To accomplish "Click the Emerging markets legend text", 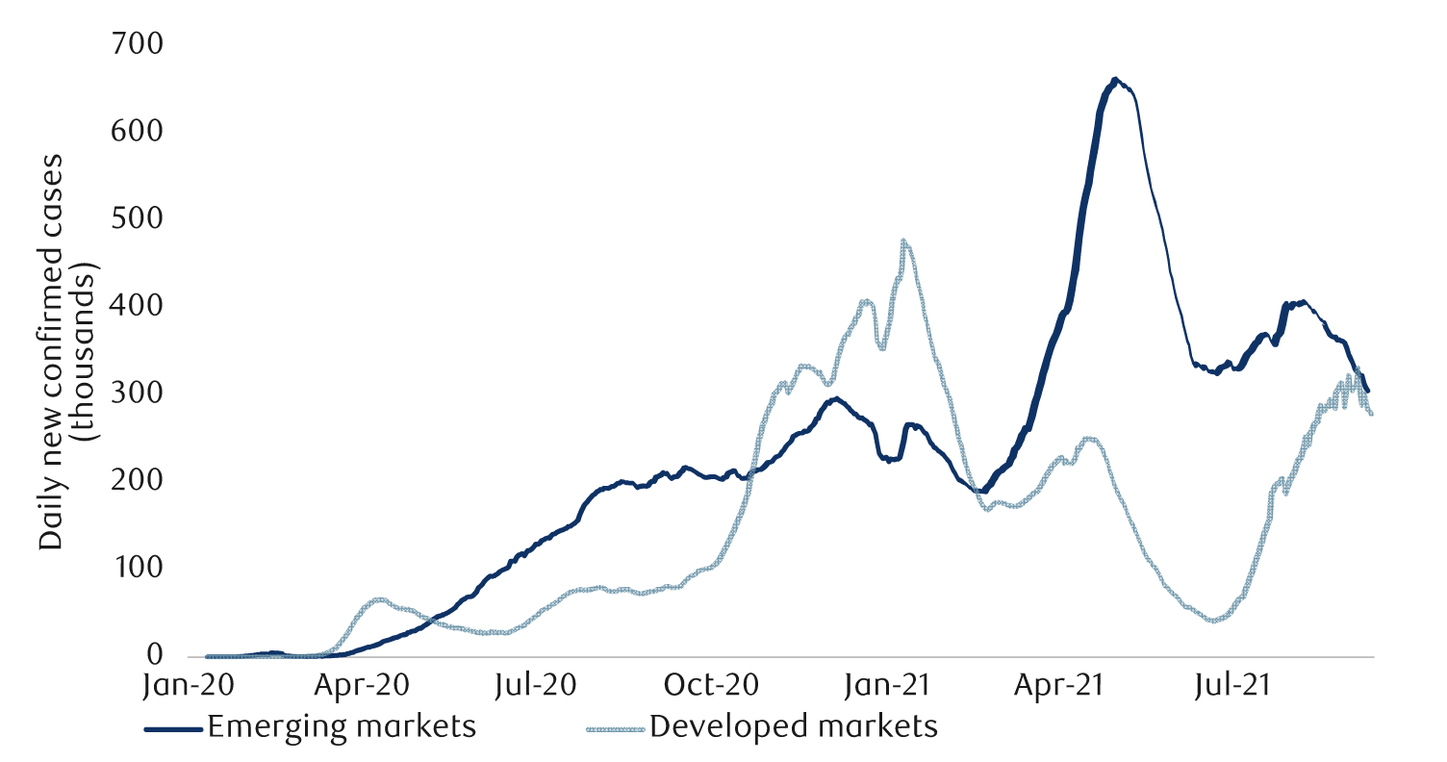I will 343,727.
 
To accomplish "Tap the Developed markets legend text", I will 794,727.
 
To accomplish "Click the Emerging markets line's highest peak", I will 1114,80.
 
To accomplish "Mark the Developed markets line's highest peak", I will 903,241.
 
